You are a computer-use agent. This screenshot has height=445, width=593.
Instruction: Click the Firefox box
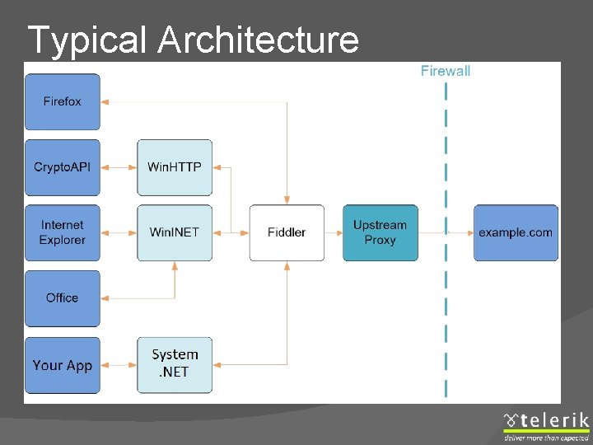pos(63,102)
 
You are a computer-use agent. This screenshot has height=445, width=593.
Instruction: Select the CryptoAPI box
pos(63,167)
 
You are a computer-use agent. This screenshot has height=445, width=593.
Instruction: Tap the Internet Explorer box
pos(63,232)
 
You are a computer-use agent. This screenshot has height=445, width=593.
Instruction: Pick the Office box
pos(63,298)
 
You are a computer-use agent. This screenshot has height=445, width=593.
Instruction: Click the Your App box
pos(63,365)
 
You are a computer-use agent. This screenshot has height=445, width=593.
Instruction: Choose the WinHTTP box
pos(175,167)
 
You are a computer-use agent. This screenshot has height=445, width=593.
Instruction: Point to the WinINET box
pos(175,232)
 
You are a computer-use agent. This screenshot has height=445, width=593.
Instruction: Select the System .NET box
pos(175,363)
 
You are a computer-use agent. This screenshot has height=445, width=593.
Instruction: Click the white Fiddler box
pos(287,232)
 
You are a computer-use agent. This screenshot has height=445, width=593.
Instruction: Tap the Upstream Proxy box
pos(380,232)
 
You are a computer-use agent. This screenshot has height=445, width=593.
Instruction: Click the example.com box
pos(516,232)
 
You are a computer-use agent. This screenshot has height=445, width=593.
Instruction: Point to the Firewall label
pos(446,71)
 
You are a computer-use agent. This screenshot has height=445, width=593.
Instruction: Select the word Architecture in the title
pos(259,40)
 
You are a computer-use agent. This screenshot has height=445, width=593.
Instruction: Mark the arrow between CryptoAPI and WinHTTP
pos(119,167)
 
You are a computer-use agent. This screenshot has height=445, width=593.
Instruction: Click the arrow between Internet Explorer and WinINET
pos(119,232)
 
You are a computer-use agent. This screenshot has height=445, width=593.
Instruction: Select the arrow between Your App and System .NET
pos(119,364)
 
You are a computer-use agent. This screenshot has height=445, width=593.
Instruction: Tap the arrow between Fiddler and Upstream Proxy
pos(334,232)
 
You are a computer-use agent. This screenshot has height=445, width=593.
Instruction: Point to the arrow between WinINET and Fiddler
pos(231,232)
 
